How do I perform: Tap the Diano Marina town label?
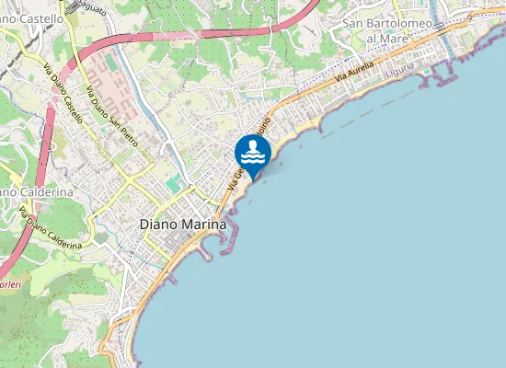coord(182,224)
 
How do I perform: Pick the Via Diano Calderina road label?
coord(51,228)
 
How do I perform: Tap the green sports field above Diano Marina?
coord(173,185)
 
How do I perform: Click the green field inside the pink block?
coord(110,63)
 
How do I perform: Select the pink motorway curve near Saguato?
coord(184,29)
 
